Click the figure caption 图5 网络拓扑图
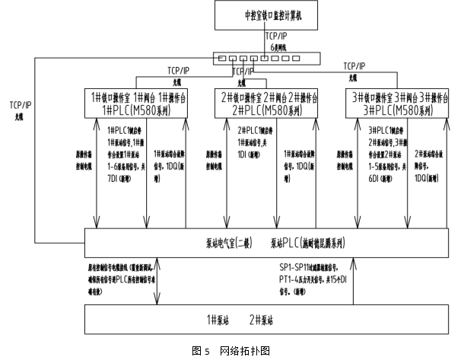(x=231, y=351)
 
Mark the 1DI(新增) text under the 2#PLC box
(x=250, y=153)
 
